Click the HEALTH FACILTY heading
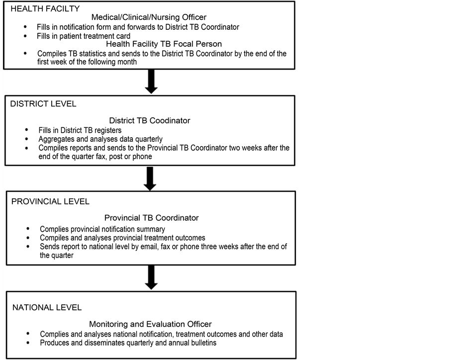(45, 9)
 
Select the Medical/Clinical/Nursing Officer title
(149, 17)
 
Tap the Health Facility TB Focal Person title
(157, 44)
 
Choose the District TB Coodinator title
(149, 120)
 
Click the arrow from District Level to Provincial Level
(150, 179)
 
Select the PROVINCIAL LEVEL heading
(50, 202)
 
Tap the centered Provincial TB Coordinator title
(151, 218)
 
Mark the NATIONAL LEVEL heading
(47, 307)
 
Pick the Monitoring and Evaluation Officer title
(151, 324)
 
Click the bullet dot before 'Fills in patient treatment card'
(25, 36)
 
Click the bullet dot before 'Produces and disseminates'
(28, 343)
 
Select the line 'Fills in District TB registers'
(80, 130)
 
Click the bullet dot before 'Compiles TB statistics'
(25, 54)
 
